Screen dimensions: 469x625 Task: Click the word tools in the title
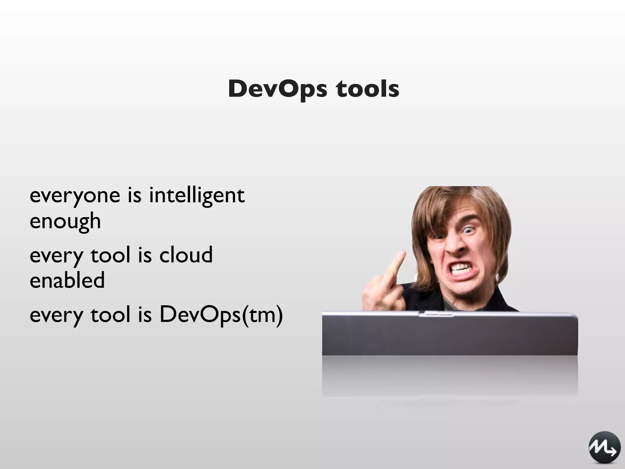[x=368, y=89]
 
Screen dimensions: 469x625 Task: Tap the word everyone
[x=75, y=196]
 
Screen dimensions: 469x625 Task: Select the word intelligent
[x=197, y=196]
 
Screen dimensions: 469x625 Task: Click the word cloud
[x=186, y=255]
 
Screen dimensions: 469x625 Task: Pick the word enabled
[x=67, y=280]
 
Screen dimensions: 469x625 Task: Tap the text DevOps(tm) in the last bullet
[x=221, y=314]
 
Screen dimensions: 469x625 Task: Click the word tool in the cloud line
[x=110, y=255]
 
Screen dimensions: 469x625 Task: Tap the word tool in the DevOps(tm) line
[x=110, y=314]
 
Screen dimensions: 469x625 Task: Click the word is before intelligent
[x=134, y=196]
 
